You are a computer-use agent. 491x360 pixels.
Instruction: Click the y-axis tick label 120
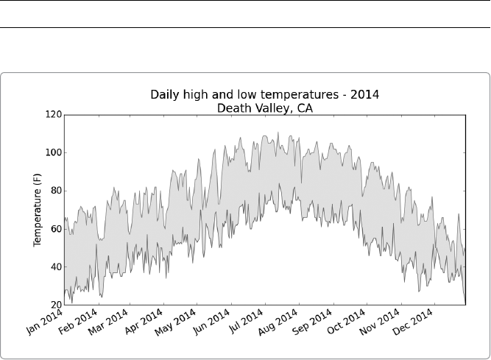(x=53, y=115)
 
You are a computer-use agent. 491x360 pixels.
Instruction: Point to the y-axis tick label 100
(x=53, y=153)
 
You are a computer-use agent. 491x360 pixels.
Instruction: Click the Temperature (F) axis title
(x=37, y=210)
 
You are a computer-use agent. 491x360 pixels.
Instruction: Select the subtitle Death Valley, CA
(x=265, y=107)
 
